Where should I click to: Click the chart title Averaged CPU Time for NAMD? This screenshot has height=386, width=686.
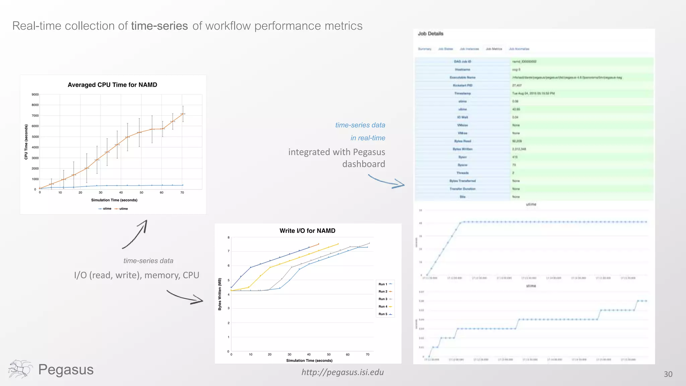pos(112,85)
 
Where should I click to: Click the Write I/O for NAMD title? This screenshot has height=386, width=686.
pos(307,231)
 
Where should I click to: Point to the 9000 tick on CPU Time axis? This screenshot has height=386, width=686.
pos(35,94)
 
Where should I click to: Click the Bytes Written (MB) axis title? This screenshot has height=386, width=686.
pos(220,294)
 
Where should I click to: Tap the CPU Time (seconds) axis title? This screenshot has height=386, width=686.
pos(26,142)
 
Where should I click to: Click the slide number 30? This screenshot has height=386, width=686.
pos(668,374)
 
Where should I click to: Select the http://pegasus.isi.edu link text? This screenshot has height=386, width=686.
pos(342,372)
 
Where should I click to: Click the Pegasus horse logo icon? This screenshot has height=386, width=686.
pos(20,369)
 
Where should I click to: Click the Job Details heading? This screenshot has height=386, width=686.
pos(430,34)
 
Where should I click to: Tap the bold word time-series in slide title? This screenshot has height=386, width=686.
pos(159,26)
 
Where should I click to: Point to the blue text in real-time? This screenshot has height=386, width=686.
pos(367,138)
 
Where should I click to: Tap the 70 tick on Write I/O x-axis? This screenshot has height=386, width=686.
pos(367,354)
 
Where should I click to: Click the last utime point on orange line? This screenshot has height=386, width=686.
pos(183,114)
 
